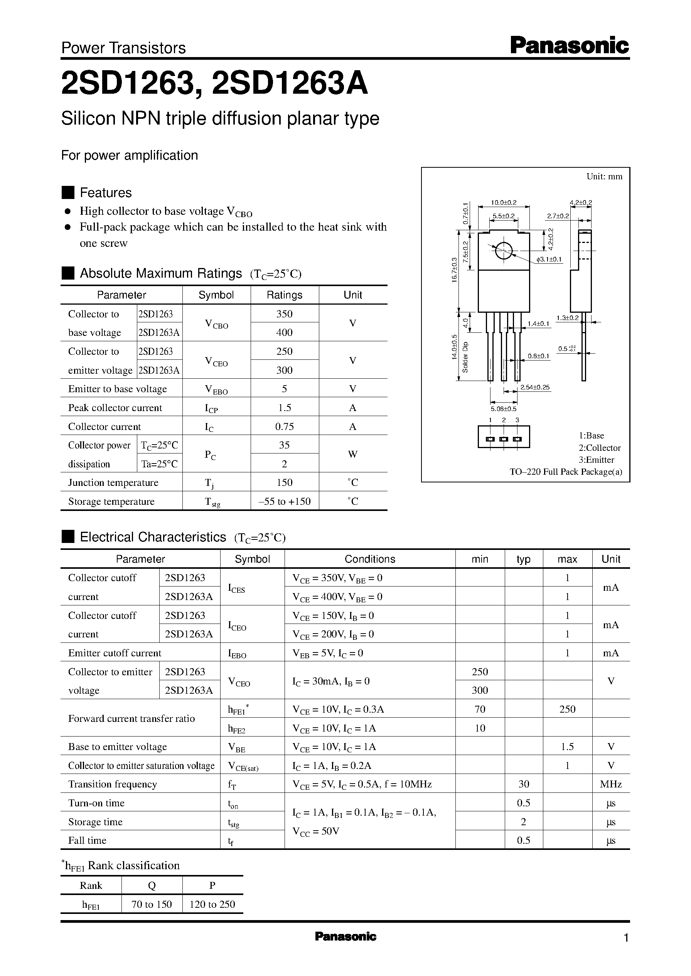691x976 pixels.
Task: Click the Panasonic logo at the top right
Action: (x=569, y=46)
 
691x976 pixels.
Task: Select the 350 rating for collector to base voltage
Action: (x=284, y=314)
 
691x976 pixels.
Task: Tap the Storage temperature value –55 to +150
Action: (x=284, y=501)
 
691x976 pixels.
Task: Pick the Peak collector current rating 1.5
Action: (x=284, y=408)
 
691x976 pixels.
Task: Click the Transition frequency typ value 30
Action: (x=523, y=784)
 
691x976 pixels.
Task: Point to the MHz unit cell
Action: (x=610, y=784)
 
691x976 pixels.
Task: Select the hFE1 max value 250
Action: (x=567, y=709)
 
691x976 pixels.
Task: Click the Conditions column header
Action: (x=370, y=559)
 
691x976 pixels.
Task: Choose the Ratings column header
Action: (x=284, y=295)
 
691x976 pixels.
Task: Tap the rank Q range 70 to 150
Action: (x=152, y=904)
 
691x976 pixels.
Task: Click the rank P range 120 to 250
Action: (x=212, y=904)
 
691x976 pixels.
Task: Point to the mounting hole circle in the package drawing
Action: (x=503, y=251)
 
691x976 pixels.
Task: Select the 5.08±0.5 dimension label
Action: (x=503, y=409)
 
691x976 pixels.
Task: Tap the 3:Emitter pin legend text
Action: (x=596, y=460)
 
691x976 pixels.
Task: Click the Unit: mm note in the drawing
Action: (x=604, y=177)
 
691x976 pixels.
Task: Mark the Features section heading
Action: (x=106, y=193)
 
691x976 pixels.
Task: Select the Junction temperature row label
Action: (x=113, y=482)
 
